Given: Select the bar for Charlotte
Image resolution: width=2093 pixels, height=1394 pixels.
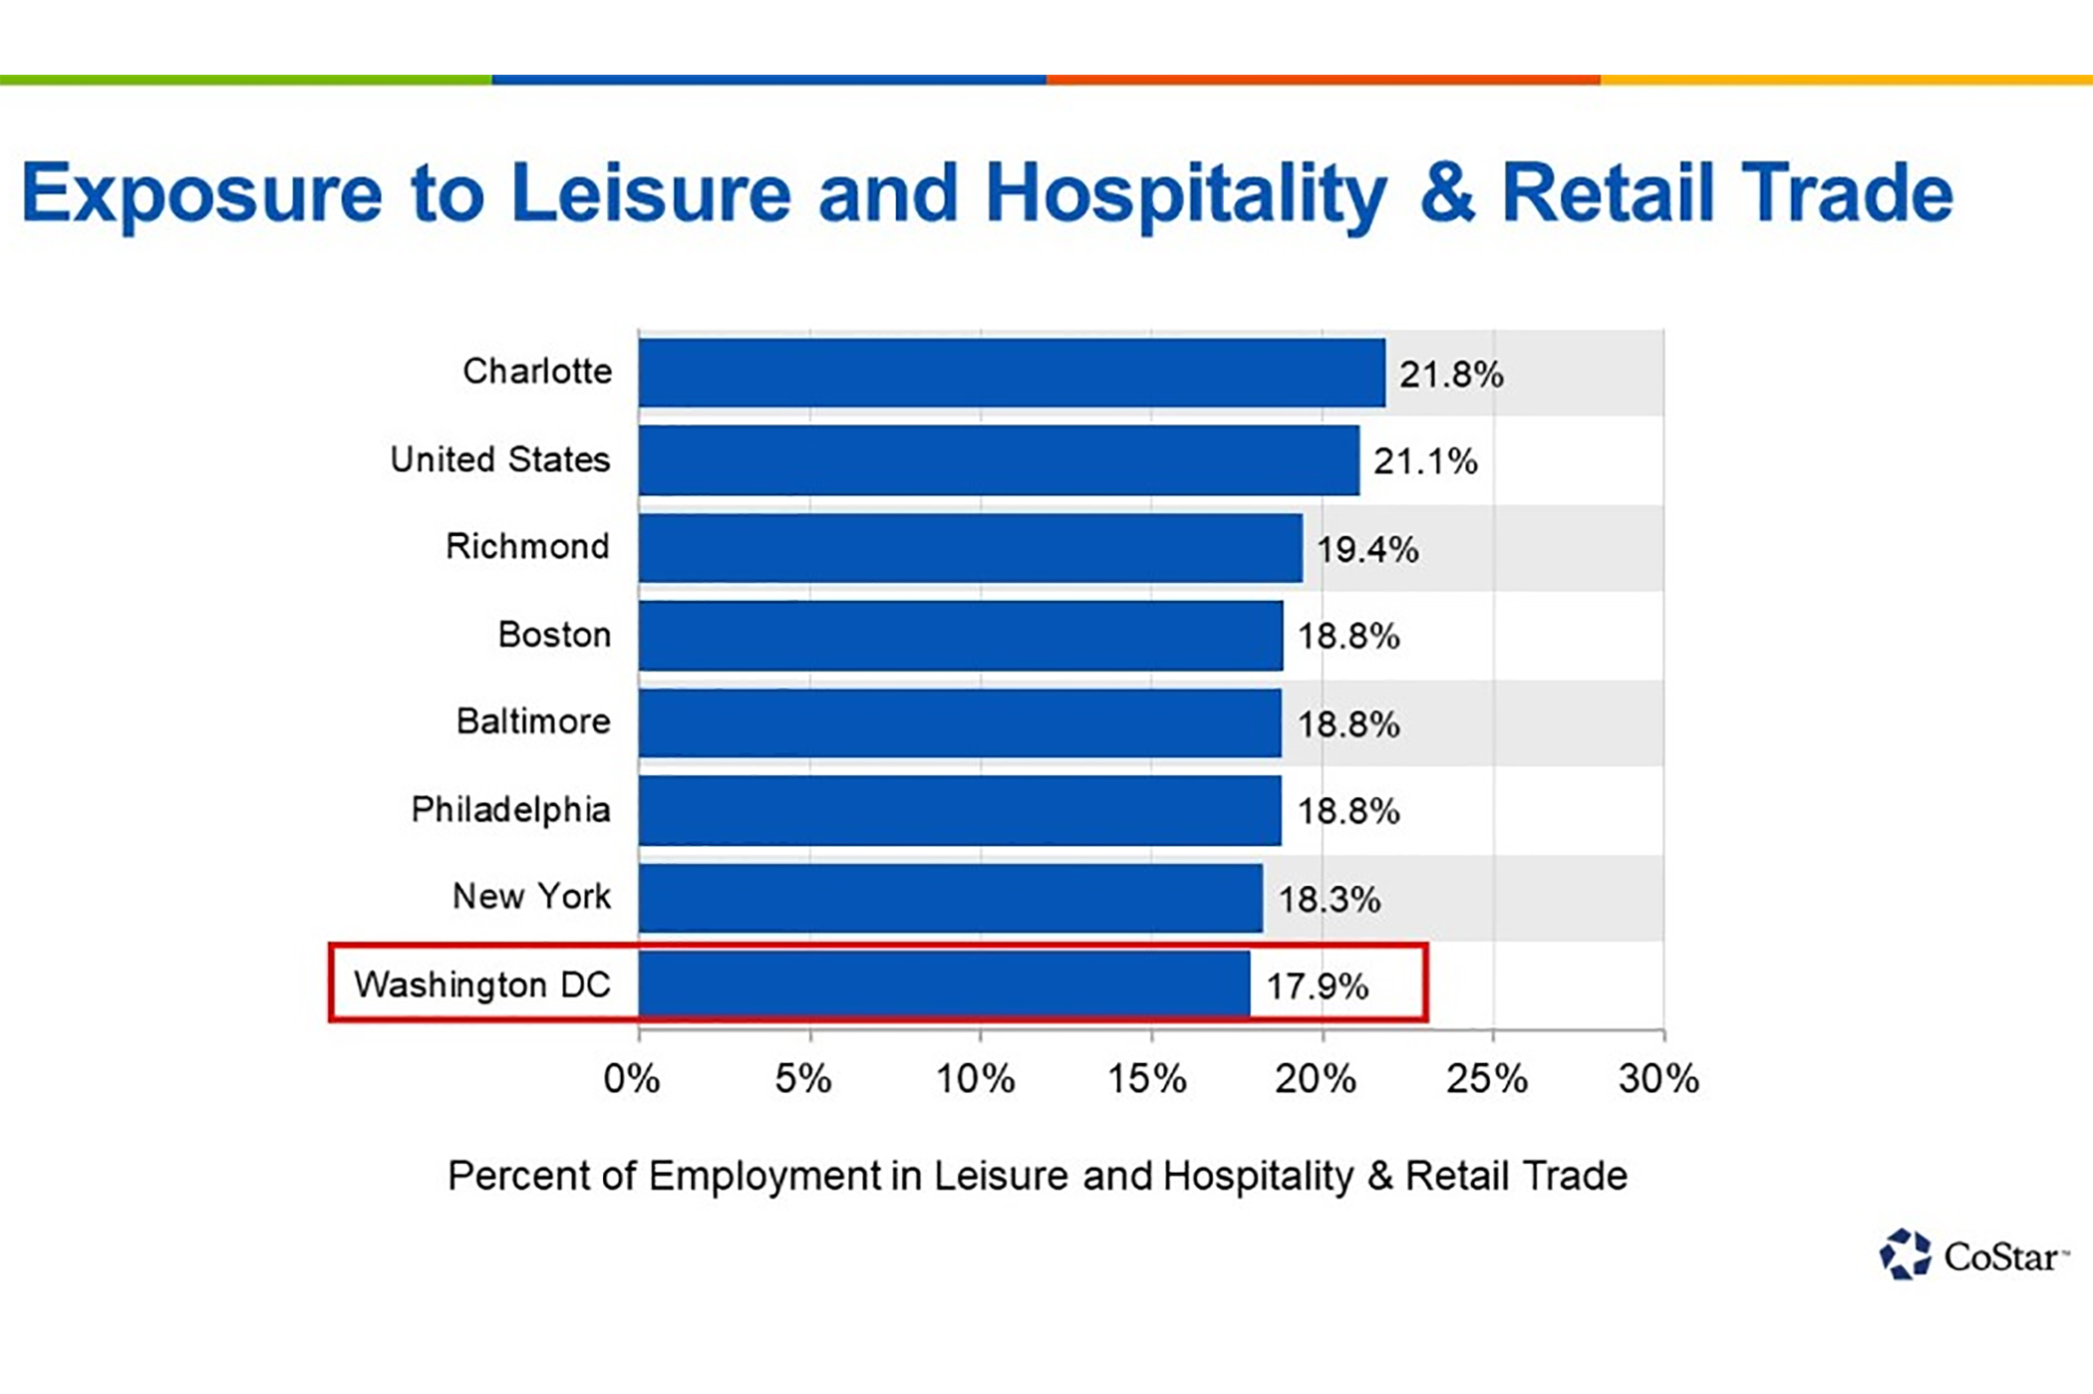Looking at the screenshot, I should tap(1012, 373).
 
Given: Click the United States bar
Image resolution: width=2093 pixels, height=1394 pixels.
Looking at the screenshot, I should tap(999, 460).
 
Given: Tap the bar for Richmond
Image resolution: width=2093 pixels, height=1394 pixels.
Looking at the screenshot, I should tap(970, 547).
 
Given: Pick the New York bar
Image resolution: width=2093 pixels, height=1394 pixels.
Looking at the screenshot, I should tap(950, 898).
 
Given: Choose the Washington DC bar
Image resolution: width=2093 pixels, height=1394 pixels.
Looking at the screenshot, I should tap(944, 984).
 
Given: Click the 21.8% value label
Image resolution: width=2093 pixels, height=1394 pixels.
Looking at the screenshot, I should tap(1450, 375).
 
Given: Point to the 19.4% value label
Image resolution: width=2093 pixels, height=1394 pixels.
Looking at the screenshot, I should tap(1367, 549).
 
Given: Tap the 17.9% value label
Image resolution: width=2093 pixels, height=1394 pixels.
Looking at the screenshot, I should tap(1317, 986).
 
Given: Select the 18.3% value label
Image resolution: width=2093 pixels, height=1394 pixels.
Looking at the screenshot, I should tap(1329, 900).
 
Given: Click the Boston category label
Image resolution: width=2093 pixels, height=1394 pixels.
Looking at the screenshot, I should tap(554, 635).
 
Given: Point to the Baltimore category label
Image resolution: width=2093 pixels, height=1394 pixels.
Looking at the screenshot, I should tap(533, 721).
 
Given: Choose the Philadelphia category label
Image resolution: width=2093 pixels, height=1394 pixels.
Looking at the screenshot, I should tap(510, 809).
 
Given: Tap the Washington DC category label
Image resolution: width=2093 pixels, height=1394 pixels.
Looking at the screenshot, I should tap(482, 984).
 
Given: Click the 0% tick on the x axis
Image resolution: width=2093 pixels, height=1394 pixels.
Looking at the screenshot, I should tap(632, 1078).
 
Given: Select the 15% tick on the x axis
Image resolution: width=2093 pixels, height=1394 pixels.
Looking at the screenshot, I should tap(1147, 1078).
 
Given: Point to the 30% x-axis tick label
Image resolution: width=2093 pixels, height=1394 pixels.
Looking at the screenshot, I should tap(1658, 1078).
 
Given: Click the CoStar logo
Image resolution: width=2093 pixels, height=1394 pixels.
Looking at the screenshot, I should tap(1973, 1255).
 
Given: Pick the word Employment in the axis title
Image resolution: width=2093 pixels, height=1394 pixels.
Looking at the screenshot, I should tap(764, 1176).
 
